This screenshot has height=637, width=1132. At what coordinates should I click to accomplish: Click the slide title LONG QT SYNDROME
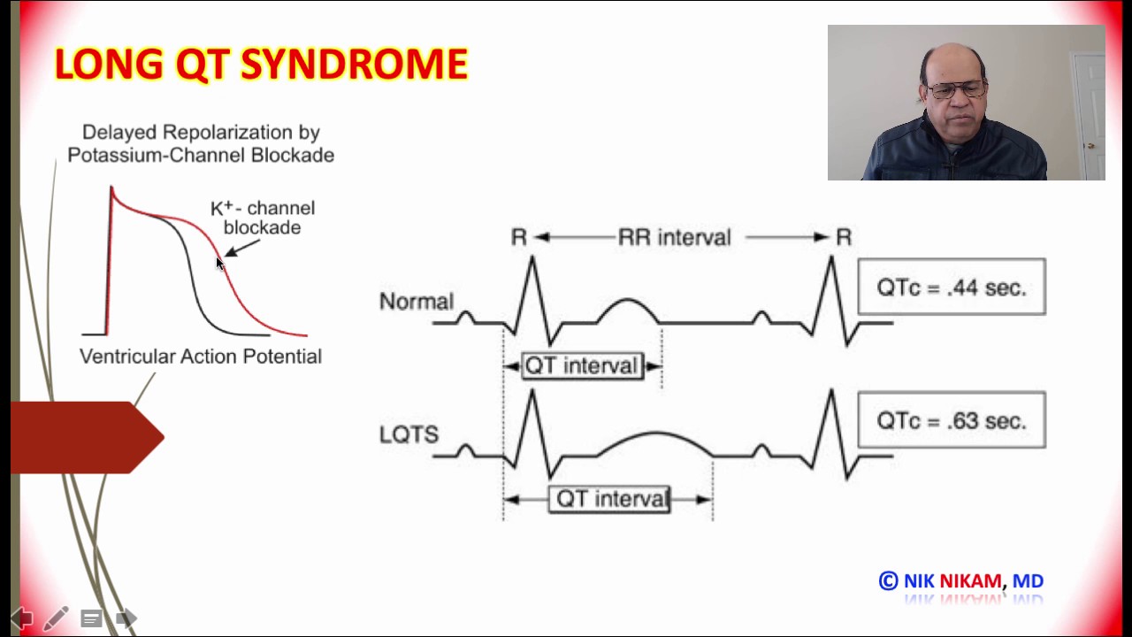(261, 65)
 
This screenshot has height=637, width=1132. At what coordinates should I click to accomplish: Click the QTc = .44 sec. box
(952, 287)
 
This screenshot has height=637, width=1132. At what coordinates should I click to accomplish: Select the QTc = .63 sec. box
(952, 420)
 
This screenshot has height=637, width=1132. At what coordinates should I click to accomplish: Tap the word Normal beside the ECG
(416, 302)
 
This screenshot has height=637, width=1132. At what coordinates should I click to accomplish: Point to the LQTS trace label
(409, 434)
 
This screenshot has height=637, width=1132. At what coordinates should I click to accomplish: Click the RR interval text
(674, 237)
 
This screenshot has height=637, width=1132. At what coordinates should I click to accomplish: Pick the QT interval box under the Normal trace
(581, 366)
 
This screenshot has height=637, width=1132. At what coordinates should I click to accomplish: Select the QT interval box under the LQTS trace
(610, 499)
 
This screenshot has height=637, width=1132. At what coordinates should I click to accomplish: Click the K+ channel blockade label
(263, 218)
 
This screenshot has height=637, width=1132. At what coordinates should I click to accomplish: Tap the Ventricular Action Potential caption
(201, 357)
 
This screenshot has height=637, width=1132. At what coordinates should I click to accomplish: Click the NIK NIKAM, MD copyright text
(961, 581)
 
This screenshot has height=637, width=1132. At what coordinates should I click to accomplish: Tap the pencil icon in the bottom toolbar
(56, 618)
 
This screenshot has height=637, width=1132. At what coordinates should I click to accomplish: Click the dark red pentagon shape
(87, 437)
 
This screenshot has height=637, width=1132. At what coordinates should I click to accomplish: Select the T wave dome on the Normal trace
(629, 309)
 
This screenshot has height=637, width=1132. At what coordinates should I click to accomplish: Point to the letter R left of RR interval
(519, 237)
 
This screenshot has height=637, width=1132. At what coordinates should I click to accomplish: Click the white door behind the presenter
(1087, 115)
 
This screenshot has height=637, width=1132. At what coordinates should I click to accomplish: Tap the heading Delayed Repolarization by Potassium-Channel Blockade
(201, 143)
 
